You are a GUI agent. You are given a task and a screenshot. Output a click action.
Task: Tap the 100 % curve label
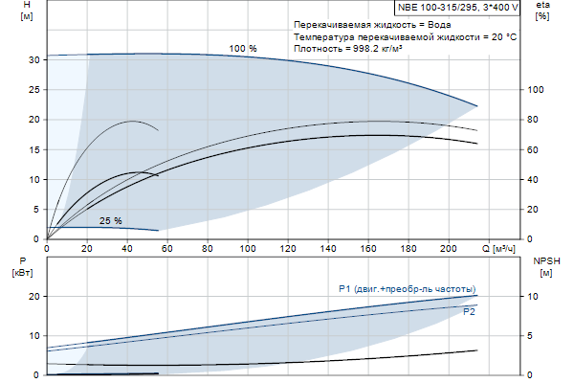pyautogui.click(x=243, y=49)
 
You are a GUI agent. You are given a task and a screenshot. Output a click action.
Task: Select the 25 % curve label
pyautogui.click(x=111, y=221)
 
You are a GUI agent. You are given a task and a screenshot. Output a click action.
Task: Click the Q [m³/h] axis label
pyautogui.click(x=504, y=250)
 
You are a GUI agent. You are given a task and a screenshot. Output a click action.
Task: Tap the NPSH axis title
pyautogui.click(x=545, y=266)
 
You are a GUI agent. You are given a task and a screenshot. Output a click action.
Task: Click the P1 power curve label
pyautogui.click(x=408, y=289)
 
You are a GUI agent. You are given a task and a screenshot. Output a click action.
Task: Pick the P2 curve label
pyautogui.click(x=470, y=312)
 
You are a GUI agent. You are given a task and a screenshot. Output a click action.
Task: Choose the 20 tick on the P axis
pyautogui.click(x=33, y=297)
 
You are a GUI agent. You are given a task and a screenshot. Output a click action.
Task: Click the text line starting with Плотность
pyautogui.click(x=347, y=48)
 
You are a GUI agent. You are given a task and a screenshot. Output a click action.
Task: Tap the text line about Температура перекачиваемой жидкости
pyautogui.click(x=406, y=35)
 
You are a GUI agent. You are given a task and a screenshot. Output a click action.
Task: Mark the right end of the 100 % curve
pyautogui.click(x=476, y=105)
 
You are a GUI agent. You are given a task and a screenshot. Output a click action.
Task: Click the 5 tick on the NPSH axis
pyautogui.click(x=534, y=336)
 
